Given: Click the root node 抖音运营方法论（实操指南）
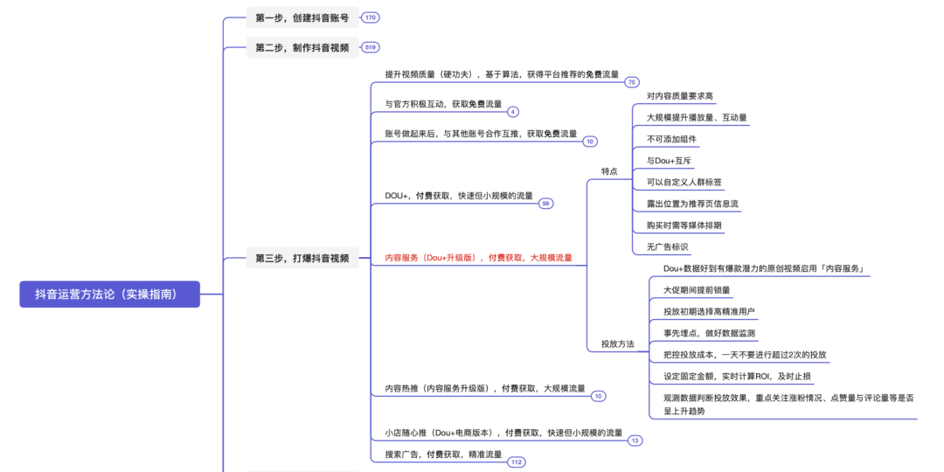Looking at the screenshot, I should tap(110, 295).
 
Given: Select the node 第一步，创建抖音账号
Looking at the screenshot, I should tap(302, 17).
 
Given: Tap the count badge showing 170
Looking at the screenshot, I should tap(371, 17).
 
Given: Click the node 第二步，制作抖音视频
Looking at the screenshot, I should tap(302, 47).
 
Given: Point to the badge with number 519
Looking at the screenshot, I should tap(371, 47).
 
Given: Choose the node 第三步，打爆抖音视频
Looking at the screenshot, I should tap(302, 258).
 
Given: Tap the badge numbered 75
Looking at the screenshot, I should tap(632, 81).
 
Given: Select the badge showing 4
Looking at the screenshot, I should tap(513, 111).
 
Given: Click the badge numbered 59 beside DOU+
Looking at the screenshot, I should tap(546, 203).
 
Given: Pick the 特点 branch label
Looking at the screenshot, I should tap(609, 171).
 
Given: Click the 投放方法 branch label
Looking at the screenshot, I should tap(617, 344).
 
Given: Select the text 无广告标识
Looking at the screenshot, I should tap(667, 247).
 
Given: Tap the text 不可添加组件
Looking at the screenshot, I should tap(672, 139).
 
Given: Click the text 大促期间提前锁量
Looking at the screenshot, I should tap(697, 290).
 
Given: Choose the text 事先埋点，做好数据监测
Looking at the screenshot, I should tap(709, 333).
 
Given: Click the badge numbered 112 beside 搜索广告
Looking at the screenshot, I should tap(516, 462).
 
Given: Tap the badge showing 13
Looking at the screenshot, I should tap(635, 441).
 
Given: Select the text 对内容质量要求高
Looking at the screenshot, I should tap(680, 96).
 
